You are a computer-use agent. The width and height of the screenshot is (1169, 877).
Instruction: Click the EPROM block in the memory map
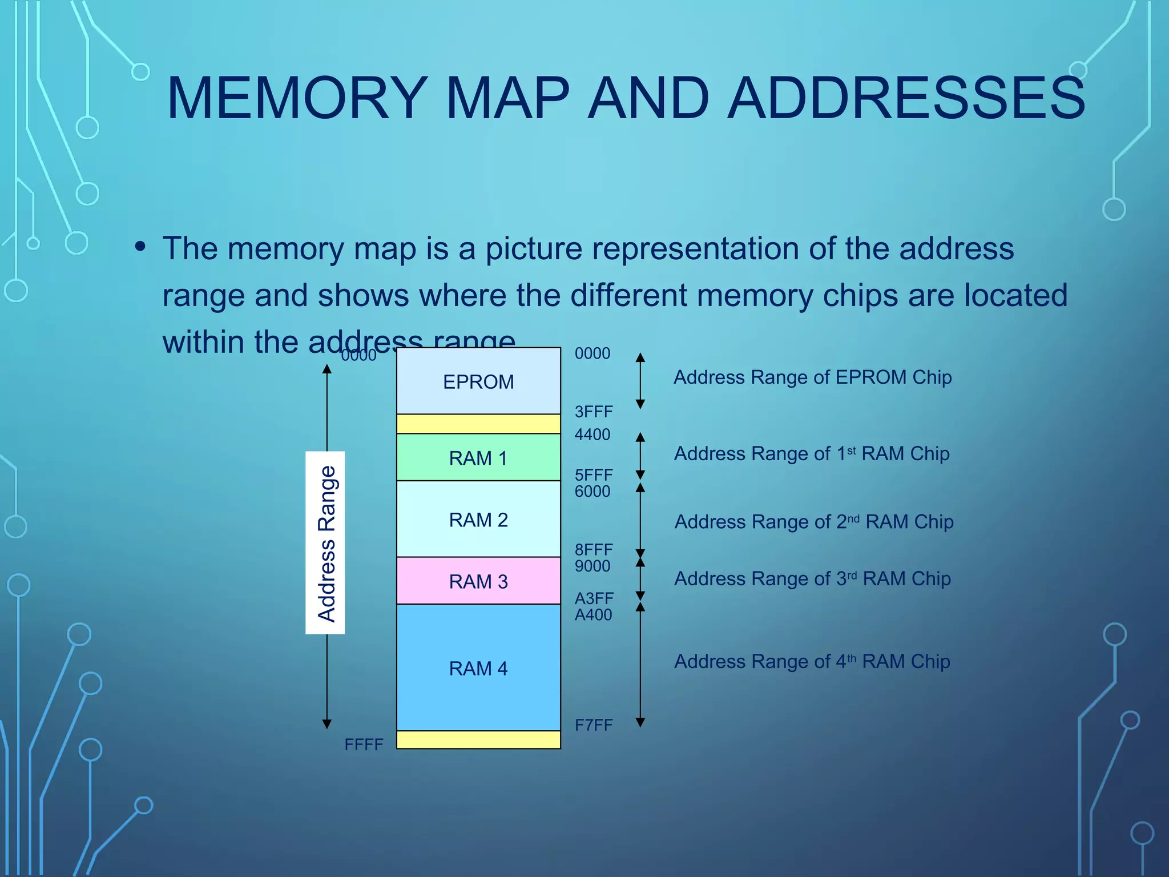[478, 381]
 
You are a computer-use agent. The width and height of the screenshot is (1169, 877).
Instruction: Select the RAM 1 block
[478, 458]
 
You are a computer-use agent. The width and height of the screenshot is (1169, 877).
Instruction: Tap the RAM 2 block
[478, 520]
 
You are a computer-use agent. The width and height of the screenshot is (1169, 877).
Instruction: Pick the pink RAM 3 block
[478, 581]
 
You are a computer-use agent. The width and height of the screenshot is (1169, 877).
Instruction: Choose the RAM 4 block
[478, 668]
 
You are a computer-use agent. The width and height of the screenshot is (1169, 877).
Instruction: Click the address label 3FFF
[594, 412]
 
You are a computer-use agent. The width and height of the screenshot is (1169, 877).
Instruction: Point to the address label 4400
[592, 435]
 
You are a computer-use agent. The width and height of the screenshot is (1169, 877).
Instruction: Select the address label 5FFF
[594, 474]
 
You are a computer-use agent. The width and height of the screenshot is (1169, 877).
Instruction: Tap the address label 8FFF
[594, 549]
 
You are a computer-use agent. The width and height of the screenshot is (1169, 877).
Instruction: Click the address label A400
[593, 615]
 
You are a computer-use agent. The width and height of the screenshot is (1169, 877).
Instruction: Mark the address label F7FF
[594, 725]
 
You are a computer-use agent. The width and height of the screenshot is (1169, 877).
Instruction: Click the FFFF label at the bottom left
[364, 745]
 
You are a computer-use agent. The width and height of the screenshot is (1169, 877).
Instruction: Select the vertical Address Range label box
[325, 542]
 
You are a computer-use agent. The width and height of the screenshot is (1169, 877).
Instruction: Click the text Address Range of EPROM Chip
[812, 377]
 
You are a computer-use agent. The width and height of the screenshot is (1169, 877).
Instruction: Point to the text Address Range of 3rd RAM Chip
[812, 579]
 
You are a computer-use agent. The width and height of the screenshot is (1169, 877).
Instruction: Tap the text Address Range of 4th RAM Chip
[812, 662]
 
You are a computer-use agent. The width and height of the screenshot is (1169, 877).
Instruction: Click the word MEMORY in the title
[297, 98]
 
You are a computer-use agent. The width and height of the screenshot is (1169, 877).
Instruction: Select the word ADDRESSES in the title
[906, 98]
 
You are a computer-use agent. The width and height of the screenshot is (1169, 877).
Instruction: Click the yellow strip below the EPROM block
[478, 424]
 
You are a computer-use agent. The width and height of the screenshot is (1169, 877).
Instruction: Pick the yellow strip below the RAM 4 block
[478, 740]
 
